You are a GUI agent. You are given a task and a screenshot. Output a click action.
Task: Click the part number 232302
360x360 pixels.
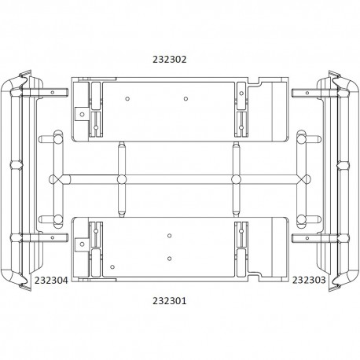point(170,60)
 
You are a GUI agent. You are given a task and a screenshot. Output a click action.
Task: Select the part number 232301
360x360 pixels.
point(170,300)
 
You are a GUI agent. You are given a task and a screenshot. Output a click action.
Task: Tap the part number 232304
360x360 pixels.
point(51,281)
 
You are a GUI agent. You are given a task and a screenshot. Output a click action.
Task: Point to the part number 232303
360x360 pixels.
point(309,280)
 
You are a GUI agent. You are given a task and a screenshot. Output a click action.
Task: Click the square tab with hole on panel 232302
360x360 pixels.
point(82,114)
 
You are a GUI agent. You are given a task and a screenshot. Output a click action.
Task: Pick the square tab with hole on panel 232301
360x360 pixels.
point(82,244)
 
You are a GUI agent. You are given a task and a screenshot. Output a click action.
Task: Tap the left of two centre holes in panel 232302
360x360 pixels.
point(127,99)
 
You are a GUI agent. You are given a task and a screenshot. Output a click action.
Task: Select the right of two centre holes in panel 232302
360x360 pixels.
point(186,99)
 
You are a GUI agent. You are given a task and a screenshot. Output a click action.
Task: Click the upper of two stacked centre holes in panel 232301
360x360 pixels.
point(169,236)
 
